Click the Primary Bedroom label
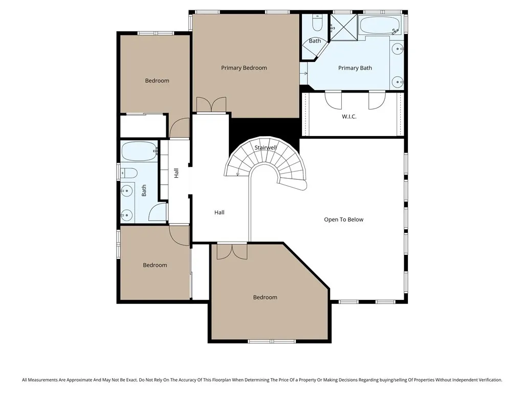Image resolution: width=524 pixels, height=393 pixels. coord(244,68)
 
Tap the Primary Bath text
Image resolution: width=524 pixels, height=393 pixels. coord(355,68)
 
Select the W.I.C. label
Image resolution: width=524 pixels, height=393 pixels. coord(349,117)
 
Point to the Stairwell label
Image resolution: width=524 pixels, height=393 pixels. coord(266,147)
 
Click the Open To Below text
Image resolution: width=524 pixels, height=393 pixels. coord(343,220)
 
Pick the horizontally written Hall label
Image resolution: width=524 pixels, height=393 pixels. coord(219,212)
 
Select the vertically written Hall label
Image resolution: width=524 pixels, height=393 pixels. coord(176,173)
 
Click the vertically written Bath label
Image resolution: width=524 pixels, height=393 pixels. coord(144,190)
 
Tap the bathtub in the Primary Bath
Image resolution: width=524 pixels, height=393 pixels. coord(379,25)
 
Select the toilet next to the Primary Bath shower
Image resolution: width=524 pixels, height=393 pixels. coord(316,23)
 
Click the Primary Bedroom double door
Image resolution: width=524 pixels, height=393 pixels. coord(210,104)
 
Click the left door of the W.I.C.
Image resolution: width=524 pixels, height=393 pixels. coord(333,99)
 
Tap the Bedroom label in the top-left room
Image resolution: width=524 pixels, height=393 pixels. coord(157,80)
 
